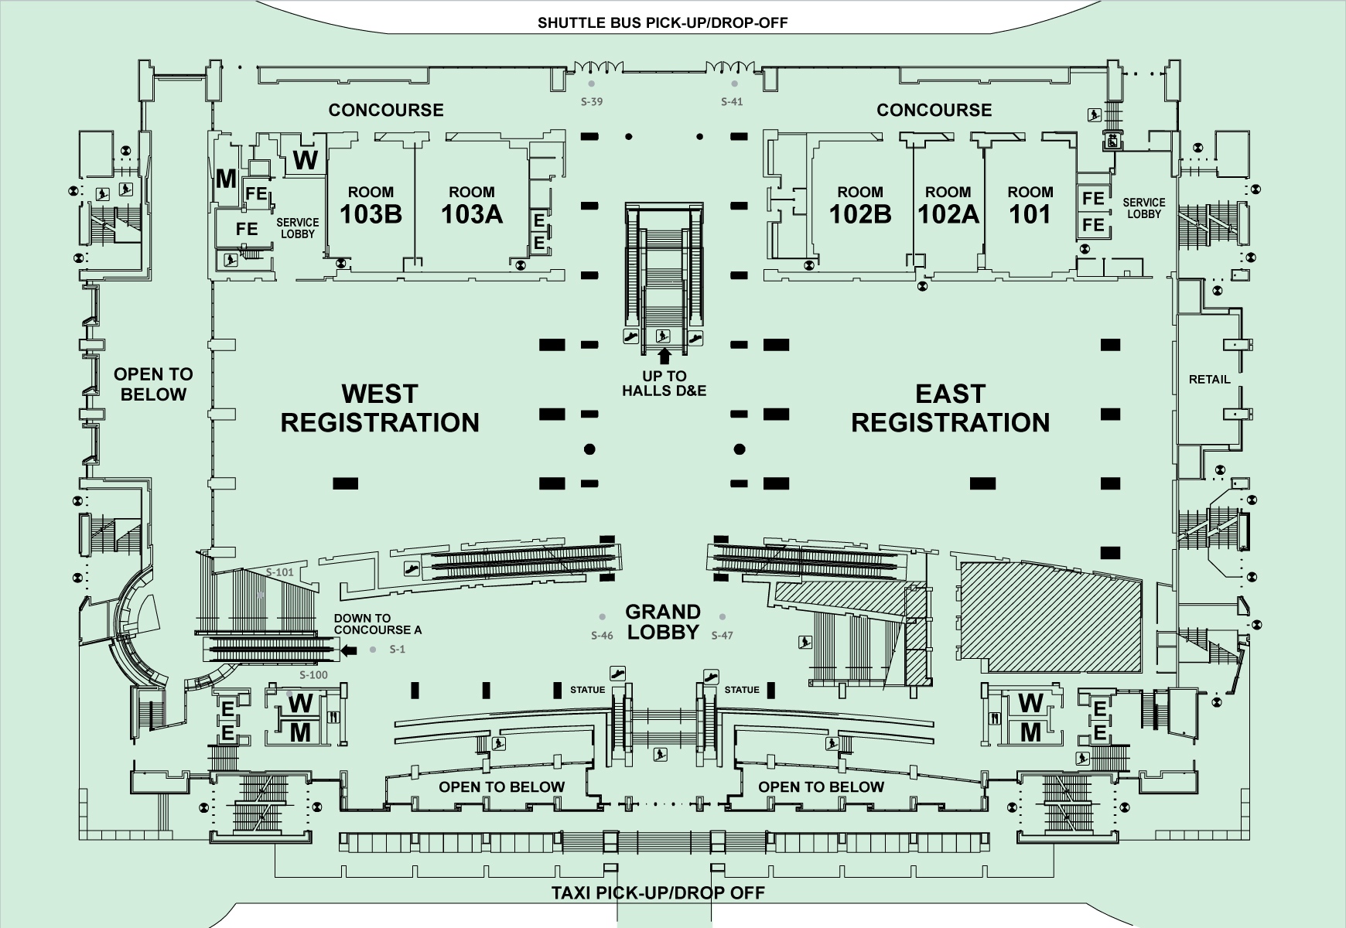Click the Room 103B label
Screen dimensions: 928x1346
(371, 205)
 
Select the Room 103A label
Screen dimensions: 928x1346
(471, 205)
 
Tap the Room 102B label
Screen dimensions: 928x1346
(859, 205)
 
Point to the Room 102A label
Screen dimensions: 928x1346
(948, 205)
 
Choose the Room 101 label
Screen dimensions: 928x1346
(1030, 205)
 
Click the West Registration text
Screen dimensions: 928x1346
(380, 408)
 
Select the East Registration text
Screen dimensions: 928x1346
(950, 408)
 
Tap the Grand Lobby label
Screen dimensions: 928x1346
(663, 622)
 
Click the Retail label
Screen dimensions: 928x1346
(1209, 379)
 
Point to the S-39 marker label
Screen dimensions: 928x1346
(592, 101)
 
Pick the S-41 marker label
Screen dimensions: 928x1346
(732, 101)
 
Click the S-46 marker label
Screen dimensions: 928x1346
(602, 636)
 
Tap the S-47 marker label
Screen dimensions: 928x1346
(722, 636)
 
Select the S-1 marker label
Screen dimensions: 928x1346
(397, 650)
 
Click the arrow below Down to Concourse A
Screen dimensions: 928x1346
(349, 650)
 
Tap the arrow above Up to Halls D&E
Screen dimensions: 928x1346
(663, 357)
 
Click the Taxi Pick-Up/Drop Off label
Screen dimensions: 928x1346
(658, 893)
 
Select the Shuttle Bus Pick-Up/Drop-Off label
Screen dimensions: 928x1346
(663, 22)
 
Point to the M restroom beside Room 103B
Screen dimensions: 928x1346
(226, 179)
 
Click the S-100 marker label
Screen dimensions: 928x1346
(313, 675)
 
